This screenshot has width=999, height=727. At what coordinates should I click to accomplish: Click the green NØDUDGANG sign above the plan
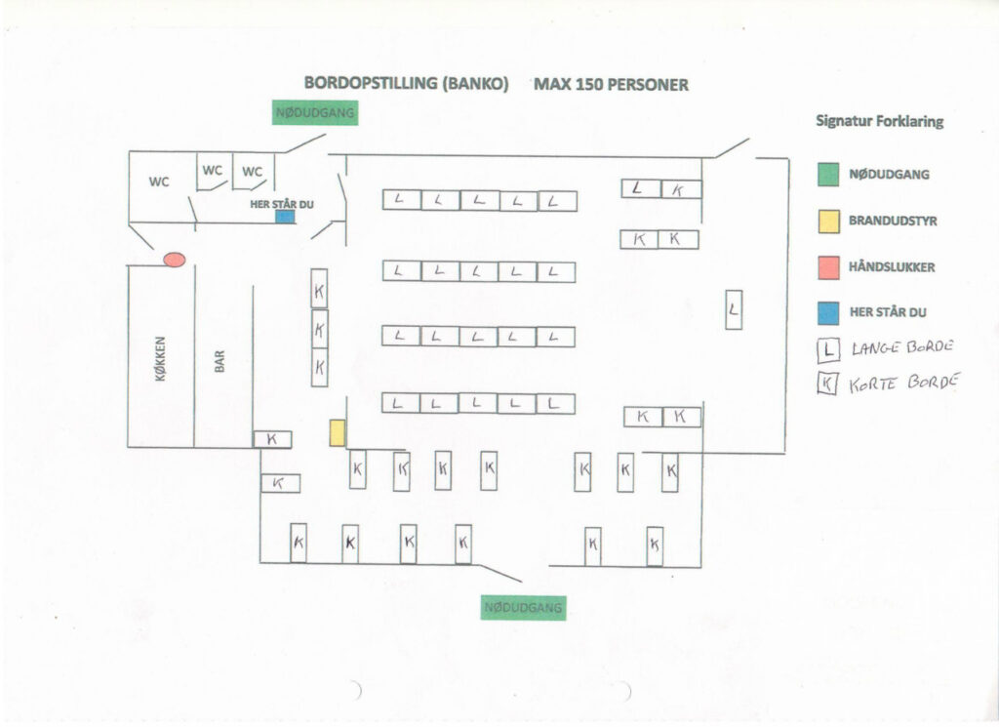point(314,112)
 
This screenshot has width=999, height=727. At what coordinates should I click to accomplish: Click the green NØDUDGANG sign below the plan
point(524,607)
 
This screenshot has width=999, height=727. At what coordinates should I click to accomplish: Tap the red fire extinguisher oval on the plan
point(175,259)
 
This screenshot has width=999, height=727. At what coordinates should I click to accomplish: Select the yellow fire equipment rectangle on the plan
point(338,432)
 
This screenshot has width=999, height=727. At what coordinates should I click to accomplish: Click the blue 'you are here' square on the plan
point(285,216)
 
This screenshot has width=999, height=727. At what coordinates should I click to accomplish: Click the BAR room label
point(220,362)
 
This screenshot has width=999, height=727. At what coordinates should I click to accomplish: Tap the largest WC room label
point(159,182)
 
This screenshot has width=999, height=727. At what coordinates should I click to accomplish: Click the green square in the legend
point(827,175)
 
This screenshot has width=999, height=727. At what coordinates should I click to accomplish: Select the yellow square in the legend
point(827,222)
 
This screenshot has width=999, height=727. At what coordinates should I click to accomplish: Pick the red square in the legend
point(827,266)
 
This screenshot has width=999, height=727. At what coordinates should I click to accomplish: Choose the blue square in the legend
point(827,312)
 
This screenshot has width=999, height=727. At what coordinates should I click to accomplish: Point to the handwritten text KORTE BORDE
point(903,383)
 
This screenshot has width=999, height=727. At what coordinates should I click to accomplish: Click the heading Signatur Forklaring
point(879,122)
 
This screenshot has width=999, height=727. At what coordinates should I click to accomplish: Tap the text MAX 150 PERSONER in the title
point(611,84)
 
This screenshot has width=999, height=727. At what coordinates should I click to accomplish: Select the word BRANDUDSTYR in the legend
point(893,222)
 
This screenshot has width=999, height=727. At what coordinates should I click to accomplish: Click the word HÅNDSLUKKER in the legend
point(892,266)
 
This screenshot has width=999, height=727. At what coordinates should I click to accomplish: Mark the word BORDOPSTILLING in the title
point(371,84)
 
